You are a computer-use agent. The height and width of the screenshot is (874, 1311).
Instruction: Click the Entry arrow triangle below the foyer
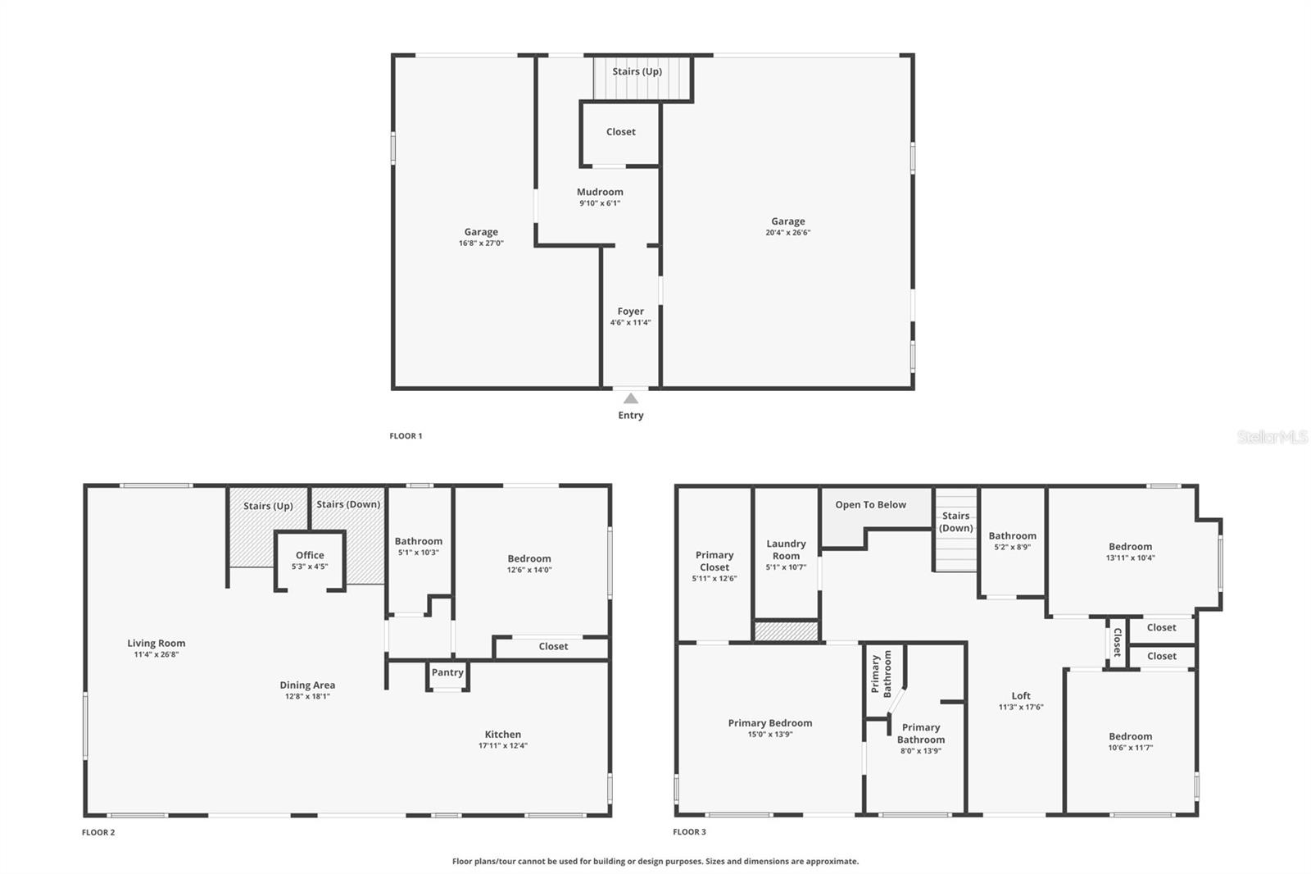(630, 398)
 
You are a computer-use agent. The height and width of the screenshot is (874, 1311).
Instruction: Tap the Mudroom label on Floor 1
(600, 192)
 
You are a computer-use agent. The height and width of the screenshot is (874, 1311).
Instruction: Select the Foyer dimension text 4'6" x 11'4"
(630, 323)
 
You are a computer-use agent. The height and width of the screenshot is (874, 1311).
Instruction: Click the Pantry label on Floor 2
(447, 672)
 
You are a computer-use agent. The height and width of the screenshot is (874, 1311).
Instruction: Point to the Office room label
(310, 555)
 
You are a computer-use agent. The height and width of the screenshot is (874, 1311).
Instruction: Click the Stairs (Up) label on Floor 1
(637, 71)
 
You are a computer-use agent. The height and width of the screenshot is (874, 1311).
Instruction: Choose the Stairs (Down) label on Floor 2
(348, 504)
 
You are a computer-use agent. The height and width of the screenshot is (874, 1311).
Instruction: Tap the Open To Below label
(870, 505)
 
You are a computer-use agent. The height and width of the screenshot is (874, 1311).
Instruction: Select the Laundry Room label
(786, 549)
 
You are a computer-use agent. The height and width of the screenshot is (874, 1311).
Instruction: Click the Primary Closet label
(714, 561)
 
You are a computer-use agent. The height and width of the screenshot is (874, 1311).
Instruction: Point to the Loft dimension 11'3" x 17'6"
(1020, 708)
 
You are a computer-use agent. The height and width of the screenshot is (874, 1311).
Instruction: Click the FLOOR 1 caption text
(406, 436)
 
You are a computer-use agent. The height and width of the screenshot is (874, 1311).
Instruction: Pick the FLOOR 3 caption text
(689, 832)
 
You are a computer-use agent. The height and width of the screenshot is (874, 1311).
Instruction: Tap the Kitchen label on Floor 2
(502, 735)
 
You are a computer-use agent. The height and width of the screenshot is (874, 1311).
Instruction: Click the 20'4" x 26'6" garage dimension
(787, 233)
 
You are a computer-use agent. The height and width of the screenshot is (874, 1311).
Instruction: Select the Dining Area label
(307, 685)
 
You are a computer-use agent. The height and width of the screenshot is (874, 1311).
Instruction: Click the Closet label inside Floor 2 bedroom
(553, 647)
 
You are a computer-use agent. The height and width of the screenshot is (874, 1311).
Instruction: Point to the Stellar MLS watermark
(1272, 437)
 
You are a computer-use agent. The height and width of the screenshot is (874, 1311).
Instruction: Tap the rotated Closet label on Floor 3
(1117, 642)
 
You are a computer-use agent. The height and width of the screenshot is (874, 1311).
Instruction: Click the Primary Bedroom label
(769, 723)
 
